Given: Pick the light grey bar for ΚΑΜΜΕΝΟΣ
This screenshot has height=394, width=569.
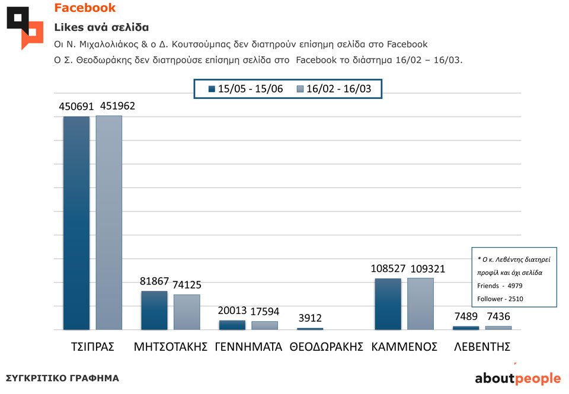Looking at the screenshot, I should [420, 303].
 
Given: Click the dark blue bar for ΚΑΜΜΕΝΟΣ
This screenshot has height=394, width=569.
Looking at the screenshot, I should [388, 303].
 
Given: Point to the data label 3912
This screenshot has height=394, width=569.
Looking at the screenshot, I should [310, 318].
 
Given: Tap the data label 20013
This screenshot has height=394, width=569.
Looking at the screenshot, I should [232, 311].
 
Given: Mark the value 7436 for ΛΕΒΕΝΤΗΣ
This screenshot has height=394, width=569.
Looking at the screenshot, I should [498, 316].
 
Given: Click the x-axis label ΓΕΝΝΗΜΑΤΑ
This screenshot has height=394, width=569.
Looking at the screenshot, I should [248, 347].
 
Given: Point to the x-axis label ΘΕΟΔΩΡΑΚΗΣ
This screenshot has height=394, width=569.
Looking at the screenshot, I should [326, 347].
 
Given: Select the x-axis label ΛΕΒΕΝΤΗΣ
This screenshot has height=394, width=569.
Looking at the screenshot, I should [482, 347].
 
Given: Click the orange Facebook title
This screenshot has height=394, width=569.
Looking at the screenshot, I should [85, 8].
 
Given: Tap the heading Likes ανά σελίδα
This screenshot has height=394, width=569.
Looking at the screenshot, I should [101, 27].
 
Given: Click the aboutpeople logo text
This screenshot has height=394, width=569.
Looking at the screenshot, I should [517, 378].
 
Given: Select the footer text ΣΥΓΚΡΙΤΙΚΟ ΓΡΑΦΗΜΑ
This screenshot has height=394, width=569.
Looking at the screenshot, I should [62, 378].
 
